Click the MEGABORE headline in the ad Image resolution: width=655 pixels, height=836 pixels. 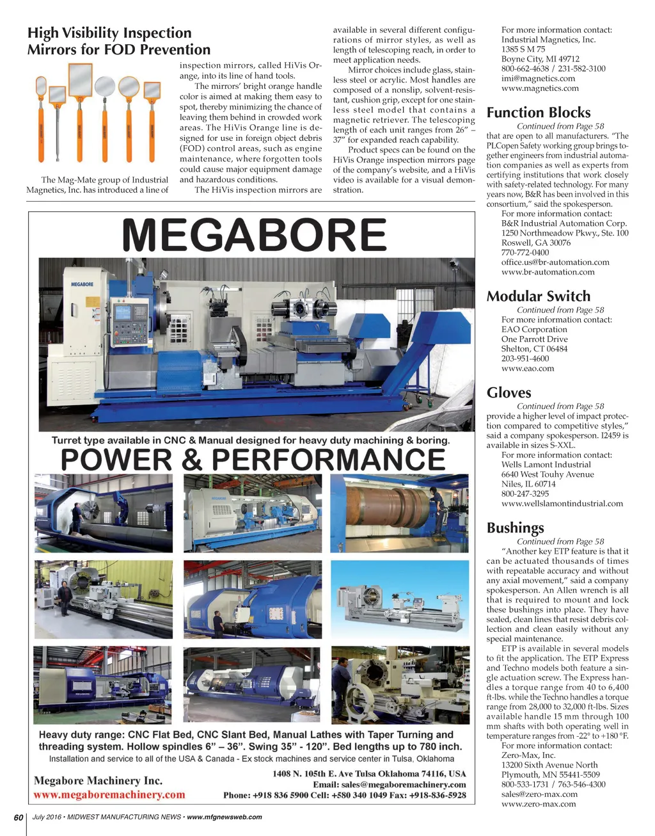[254, 235]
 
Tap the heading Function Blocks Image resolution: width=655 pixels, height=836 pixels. [539, 113]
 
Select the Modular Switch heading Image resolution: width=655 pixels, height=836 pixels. [539, 296]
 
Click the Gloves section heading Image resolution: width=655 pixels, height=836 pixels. [509, 392]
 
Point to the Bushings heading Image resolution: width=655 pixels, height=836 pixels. [516, 527]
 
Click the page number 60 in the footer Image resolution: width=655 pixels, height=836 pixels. [19, 817]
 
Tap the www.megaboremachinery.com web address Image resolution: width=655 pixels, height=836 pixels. [109, 795]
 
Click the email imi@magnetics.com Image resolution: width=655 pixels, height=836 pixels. [538, 78]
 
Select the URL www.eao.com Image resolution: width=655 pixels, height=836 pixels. [528, 368]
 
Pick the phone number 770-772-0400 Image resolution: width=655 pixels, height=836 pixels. [525, 252]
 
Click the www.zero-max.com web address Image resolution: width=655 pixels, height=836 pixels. [539, 803]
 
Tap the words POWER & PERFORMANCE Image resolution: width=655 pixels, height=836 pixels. [253, 460]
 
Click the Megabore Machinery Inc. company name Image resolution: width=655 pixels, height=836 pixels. [98, 780]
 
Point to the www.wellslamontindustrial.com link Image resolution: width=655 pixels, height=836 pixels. [562, 503]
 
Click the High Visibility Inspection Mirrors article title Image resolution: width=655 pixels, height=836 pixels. [118, 41]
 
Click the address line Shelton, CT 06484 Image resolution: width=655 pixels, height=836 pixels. [534, 349]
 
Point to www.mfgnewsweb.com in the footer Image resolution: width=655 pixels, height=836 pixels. [224, 817]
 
